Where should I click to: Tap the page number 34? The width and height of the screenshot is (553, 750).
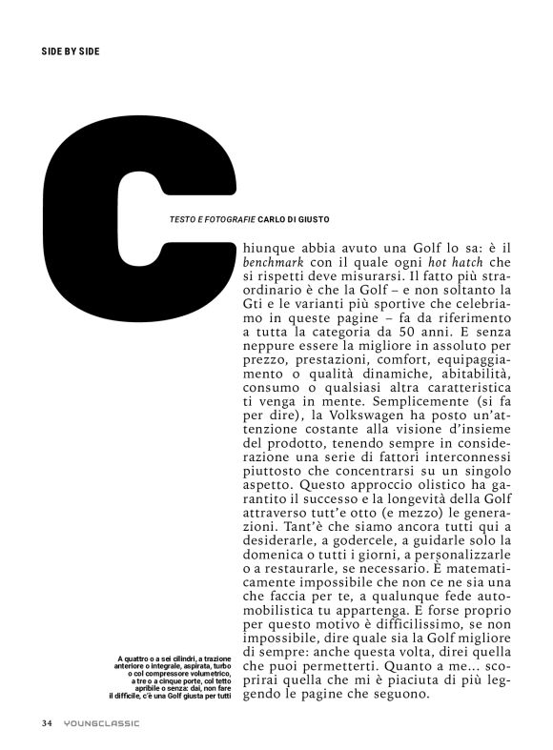click(47, 722)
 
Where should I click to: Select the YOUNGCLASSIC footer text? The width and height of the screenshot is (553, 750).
click(102, 722)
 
